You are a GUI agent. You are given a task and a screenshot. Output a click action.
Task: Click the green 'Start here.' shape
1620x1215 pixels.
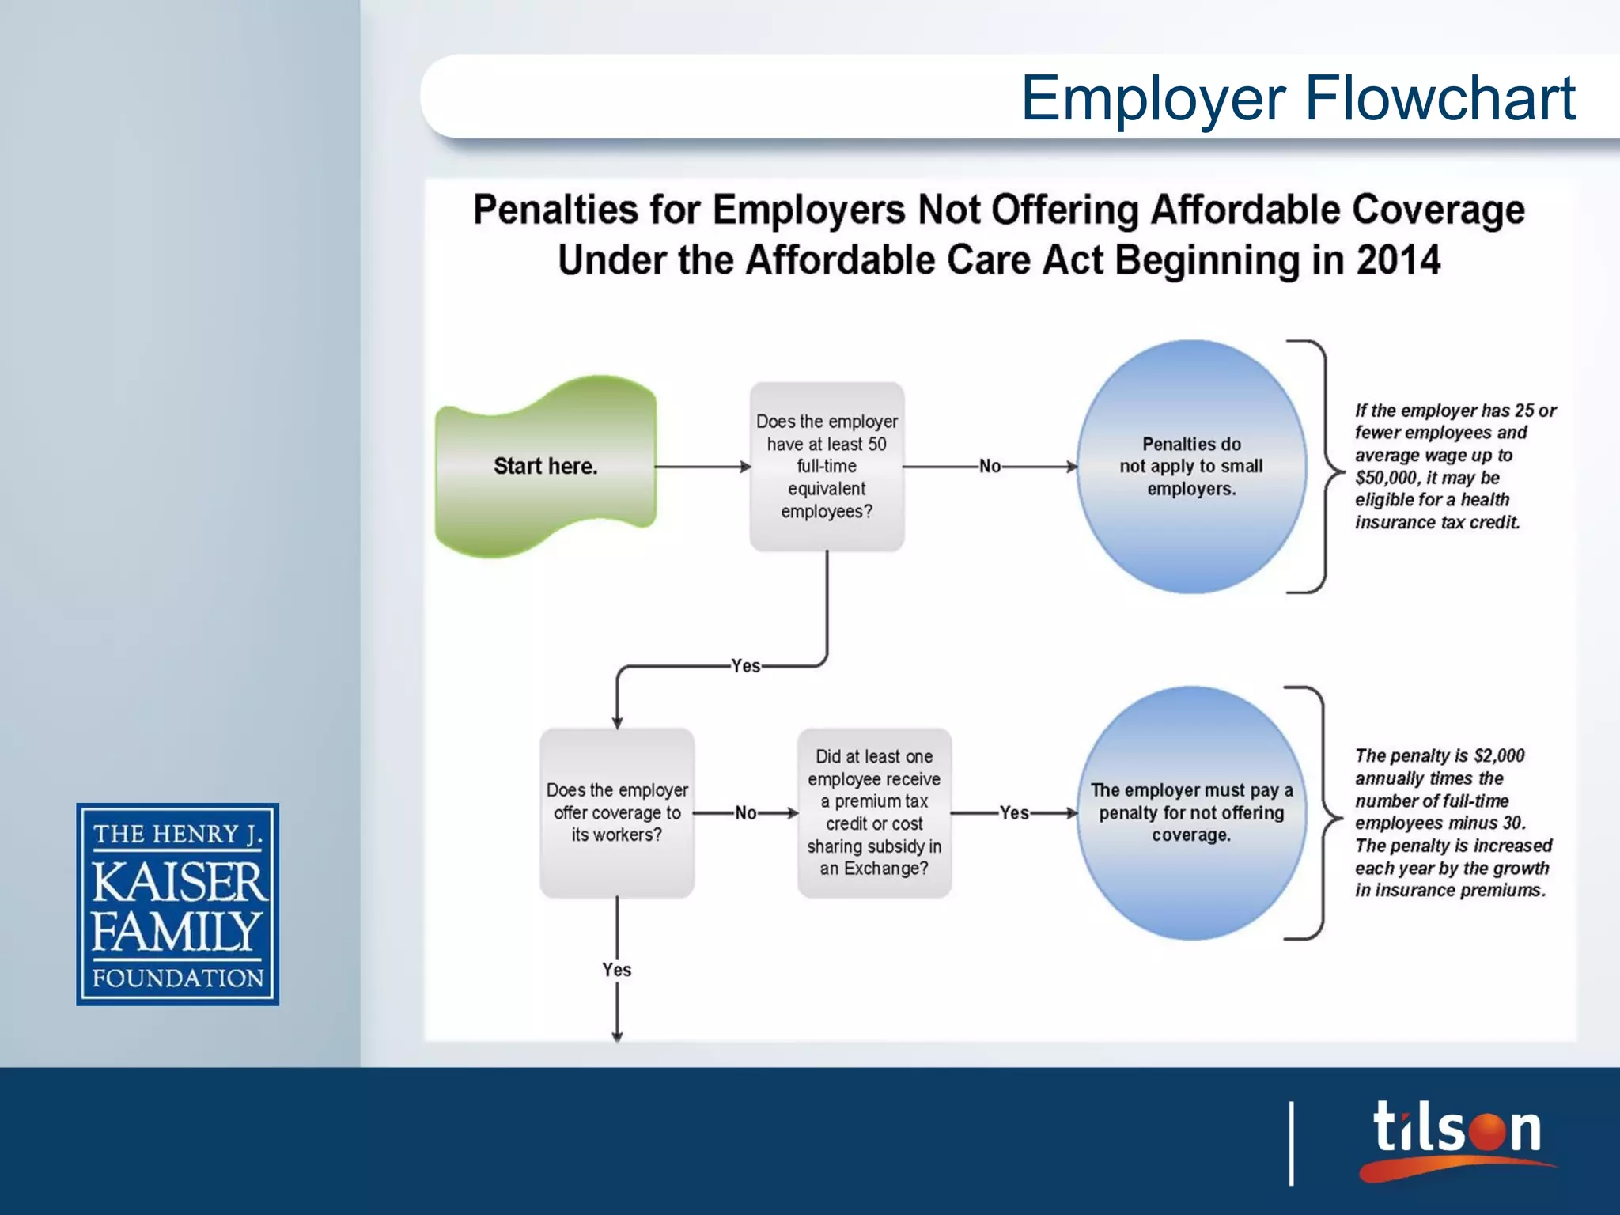click(546, 466)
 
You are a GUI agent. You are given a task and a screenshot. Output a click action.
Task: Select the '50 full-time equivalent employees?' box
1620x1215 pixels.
click(827, 466)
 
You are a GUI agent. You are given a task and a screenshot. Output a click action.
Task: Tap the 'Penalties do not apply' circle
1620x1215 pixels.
click(1191, 466)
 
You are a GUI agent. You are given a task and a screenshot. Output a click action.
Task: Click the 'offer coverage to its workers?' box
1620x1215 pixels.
click(617, 812)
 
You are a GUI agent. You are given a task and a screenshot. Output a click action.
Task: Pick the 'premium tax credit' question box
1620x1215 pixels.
click(874, 812)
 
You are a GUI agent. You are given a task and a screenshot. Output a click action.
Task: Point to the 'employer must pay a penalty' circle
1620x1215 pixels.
click(1191, 812)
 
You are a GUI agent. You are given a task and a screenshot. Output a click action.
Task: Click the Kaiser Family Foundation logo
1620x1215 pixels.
click(178, 904)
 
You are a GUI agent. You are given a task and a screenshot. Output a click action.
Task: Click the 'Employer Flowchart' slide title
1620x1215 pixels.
click(1298, 98)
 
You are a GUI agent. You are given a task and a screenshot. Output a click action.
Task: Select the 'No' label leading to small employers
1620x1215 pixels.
click(990, 467)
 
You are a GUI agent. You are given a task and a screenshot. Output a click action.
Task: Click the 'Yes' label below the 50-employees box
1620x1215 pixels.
click(746, 666)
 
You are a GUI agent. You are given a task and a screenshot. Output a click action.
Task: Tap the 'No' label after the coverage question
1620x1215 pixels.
click(746, 813)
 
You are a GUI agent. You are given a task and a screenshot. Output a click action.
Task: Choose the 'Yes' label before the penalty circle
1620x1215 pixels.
click(1014, 813)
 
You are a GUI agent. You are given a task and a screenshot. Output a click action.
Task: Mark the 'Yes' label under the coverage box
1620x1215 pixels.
click(617, 970)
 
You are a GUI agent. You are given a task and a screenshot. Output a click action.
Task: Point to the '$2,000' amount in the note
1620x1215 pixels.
click(1499, 755)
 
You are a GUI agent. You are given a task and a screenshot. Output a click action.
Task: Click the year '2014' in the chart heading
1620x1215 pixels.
click(1399, 260)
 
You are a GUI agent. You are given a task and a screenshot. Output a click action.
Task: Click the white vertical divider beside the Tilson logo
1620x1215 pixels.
click(1292, 1143)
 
